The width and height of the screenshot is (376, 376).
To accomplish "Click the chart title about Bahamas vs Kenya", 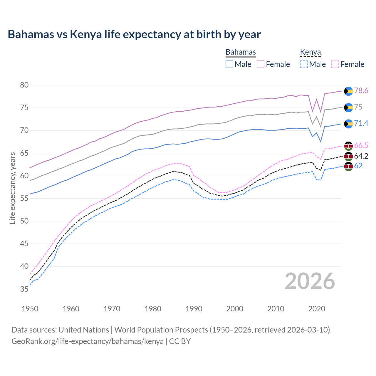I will (x=134, y=34).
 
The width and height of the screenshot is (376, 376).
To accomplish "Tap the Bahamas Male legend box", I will (x=229, y=64).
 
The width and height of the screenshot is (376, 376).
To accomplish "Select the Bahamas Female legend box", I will (x=261, y=64).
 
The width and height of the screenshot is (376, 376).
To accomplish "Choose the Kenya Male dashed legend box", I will (x=304, y=64).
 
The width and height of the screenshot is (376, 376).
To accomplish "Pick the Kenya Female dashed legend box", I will (x=335, y=64).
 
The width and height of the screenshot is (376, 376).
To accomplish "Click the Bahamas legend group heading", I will (x=241, y=52).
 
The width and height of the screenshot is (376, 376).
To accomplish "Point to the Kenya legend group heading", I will (x=310, y=52).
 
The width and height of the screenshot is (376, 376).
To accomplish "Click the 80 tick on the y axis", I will (x=24, y=85).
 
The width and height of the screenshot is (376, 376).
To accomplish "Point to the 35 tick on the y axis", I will (x=24, y=289).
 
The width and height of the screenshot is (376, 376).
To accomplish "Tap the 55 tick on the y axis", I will (x=24, y=199).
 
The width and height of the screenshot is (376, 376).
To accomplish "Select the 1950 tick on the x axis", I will (x=30, y=309).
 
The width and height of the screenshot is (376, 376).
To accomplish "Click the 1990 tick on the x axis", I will (x=194, y=309).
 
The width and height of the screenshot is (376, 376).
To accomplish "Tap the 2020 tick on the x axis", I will (x=317, y=309).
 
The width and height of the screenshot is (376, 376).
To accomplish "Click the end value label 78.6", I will (x=361, y=91).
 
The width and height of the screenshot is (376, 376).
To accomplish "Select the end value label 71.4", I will (x=361, y=123).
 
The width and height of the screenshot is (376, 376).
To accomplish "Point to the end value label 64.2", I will (x=361, y=156).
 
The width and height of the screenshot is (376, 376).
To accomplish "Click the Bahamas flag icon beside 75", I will (x=348, y=108).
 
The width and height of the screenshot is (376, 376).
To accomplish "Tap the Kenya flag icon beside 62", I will (x=348, y=166).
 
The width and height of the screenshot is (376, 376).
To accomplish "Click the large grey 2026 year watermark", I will (x=310, y=281).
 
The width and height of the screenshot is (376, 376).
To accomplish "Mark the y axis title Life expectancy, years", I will (x=12, y=188).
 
